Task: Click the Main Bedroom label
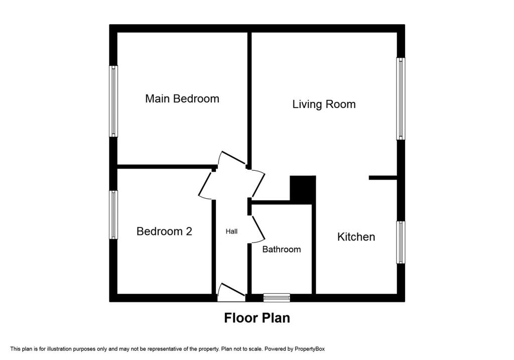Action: click(x=182, y=99)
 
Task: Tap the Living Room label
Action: click(x=324, y=104)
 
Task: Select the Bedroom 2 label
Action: click(x=164, y=231)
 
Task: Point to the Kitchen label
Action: click(x=356, y=236)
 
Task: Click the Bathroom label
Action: click(x=282, y=249)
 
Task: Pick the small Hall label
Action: click(x=231, y=231)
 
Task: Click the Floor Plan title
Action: click(x=257, y=318)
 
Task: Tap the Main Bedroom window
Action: click(x=113, y=101)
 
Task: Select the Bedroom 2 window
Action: click(x=113, y=215)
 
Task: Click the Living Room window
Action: click(x=401, y=99)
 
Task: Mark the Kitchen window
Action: click(x=401, y=243)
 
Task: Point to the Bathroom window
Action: click(x=277, y=297)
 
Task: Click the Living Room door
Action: click(x=258, y=184)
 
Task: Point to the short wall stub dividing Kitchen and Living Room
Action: click(x=383, y=178)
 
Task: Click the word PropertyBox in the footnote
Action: click(x=309, y=349)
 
